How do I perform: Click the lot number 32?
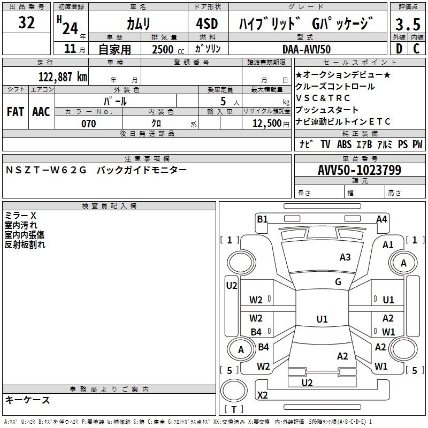[26, 23]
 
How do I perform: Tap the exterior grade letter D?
[398, 48]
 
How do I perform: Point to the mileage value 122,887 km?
[63, 77]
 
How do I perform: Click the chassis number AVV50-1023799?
[360, 170]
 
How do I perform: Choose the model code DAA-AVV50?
[307, 49]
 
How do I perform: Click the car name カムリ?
[138, 24]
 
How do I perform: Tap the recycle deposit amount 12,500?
[266, 124]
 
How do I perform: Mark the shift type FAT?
[16, 111]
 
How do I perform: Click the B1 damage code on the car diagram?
[262, 218]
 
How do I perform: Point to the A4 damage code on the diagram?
[381, 219]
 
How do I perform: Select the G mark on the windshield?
[338, 282]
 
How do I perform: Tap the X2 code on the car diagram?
[263, 395]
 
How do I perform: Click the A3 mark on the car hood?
[345, 257]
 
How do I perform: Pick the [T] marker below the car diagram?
[233, 410]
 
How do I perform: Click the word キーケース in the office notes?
[28, 400]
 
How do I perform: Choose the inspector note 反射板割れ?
[25, 244]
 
